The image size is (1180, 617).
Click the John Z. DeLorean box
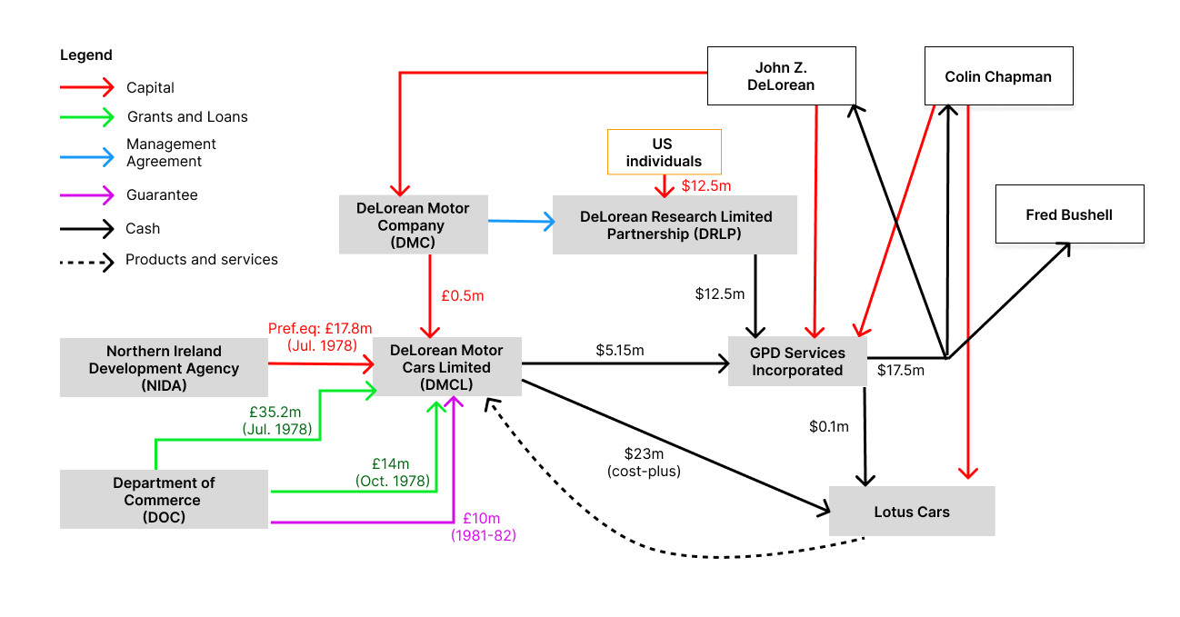click(x=782, y=76)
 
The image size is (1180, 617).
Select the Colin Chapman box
click(x=998, y=76)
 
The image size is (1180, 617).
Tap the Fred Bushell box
click(x=1069, y=214)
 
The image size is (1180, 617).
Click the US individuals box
click(x=664, y=152)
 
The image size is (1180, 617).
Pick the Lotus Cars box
click(x=912, y=512)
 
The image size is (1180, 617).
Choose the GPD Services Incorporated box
click(x=796, y=361)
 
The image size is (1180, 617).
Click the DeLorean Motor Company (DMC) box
click(x=413, y=224)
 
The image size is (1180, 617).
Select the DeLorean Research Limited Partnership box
click(x=675, y=224)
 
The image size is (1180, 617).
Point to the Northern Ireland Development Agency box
click(x=164, y=368)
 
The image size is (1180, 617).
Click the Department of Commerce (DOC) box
click(x=164, y=500)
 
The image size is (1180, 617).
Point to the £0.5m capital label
click(x=463, y=295)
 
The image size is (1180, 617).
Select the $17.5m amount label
click(x=900, y=370)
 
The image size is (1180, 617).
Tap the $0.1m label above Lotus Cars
click(x=828, y=425)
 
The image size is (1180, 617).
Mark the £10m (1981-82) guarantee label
click(x=483, y=527)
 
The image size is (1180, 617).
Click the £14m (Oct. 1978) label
click(x=394, y=473)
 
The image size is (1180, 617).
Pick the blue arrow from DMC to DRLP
click(x=521, y=221)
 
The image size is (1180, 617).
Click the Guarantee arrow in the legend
click(x=86, y=194)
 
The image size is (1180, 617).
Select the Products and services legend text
click(x=202, y=260)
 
